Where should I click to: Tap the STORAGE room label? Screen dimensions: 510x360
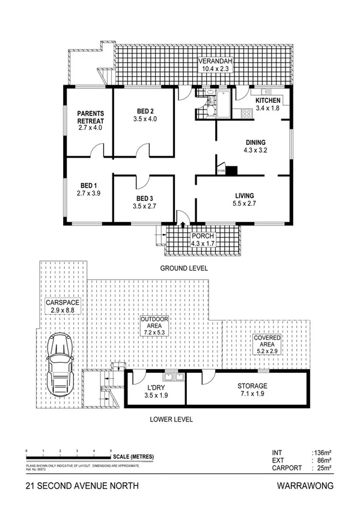pyautogui.click(x=252, y=386)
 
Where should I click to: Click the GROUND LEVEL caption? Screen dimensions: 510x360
pyautogui.click(x=184, y=269)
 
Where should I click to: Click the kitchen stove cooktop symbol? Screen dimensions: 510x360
pyautogui.click(x=246, y=113)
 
